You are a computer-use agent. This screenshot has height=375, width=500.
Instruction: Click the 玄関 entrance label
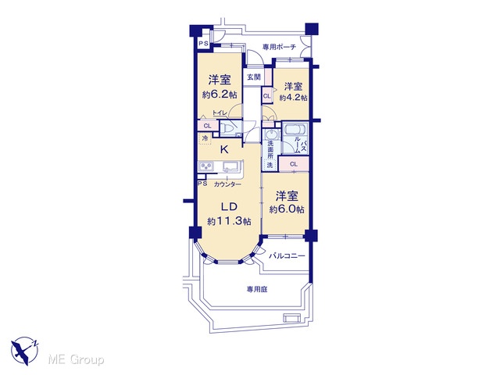coord(254,77)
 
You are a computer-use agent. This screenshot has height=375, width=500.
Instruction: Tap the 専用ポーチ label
coord(279,47)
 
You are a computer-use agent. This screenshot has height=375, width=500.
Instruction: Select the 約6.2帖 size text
coord(220,95)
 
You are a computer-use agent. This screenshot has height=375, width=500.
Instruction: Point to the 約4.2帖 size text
coord(294,98)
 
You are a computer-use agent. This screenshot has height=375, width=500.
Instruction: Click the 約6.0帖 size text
coord(287,209)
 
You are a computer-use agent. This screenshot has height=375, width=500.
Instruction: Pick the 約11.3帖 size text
coord(229,221)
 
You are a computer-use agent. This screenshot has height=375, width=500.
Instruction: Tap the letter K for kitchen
coord(224,149)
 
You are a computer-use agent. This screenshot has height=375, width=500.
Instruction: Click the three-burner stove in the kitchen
coord(205,166)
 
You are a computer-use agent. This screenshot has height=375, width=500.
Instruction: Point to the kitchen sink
coord(231,166)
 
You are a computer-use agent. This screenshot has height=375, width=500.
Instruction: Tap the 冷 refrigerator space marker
coord(205,139)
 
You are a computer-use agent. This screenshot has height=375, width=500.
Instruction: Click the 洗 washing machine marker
coord(270,165)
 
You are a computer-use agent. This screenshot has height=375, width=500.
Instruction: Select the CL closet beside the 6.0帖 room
coord(294,164)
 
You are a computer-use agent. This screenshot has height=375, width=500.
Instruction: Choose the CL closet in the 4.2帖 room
coord(267,96)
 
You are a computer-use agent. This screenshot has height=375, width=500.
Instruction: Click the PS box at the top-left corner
coord(203,43)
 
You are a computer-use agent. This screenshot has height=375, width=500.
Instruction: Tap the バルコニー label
coord(287,255)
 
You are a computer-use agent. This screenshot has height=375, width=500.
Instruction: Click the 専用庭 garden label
coord(257,289)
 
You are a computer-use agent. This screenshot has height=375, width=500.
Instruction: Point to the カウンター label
coord(227,184)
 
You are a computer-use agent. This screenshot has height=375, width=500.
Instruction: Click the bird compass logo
coord(24,351)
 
